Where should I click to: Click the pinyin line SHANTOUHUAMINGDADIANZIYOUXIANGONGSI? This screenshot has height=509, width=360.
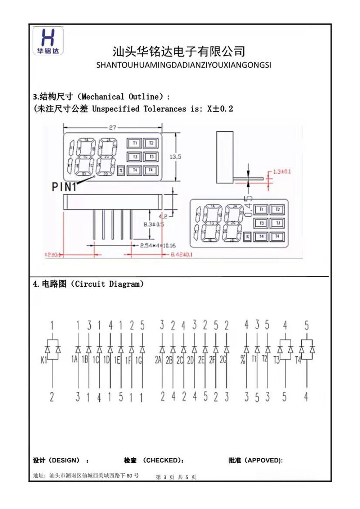(184, 65)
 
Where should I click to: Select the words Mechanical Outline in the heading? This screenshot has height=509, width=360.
(120, 97)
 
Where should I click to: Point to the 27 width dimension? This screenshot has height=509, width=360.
(113, 127)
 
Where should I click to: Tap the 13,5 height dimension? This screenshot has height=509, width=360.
(175, 157)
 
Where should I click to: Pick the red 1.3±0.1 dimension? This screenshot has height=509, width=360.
(282, 172)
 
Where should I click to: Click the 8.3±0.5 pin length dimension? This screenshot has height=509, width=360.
(154, 224)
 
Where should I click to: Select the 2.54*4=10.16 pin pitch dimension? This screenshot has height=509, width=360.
(158, 246)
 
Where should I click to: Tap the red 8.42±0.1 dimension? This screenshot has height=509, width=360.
(181, 254)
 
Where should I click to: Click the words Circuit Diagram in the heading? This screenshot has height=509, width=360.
(107, 284)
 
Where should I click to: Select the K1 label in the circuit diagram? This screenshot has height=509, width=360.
(44, 360)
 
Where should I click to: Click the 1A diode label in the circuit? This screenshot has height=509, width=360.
(74, 359)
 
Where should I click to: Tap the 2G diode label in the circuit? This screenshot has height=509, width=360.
(223, 359)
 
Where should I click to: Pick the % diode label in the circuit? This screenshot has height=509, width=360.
(243, 359)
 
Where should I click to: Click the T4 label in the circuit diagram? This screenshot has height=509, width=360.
(298, 360)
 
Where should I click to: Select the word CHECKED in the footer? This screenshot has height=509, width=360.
(162, 460)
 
